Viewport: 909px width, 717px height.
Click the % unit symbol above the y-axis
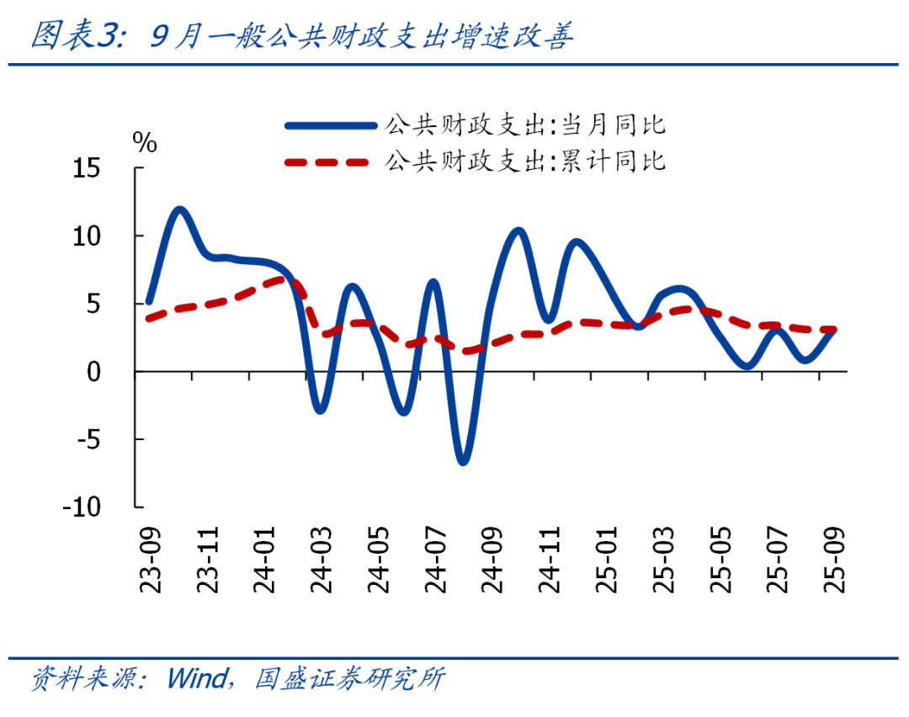pyautogui.click(x=145, y=143)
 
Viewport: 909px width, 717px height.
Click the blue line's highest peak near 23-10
pyautogui.click(x=179, y=210)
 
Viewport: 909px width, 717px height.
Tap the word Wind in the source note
pyautogui.click(x=198, y=678)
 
